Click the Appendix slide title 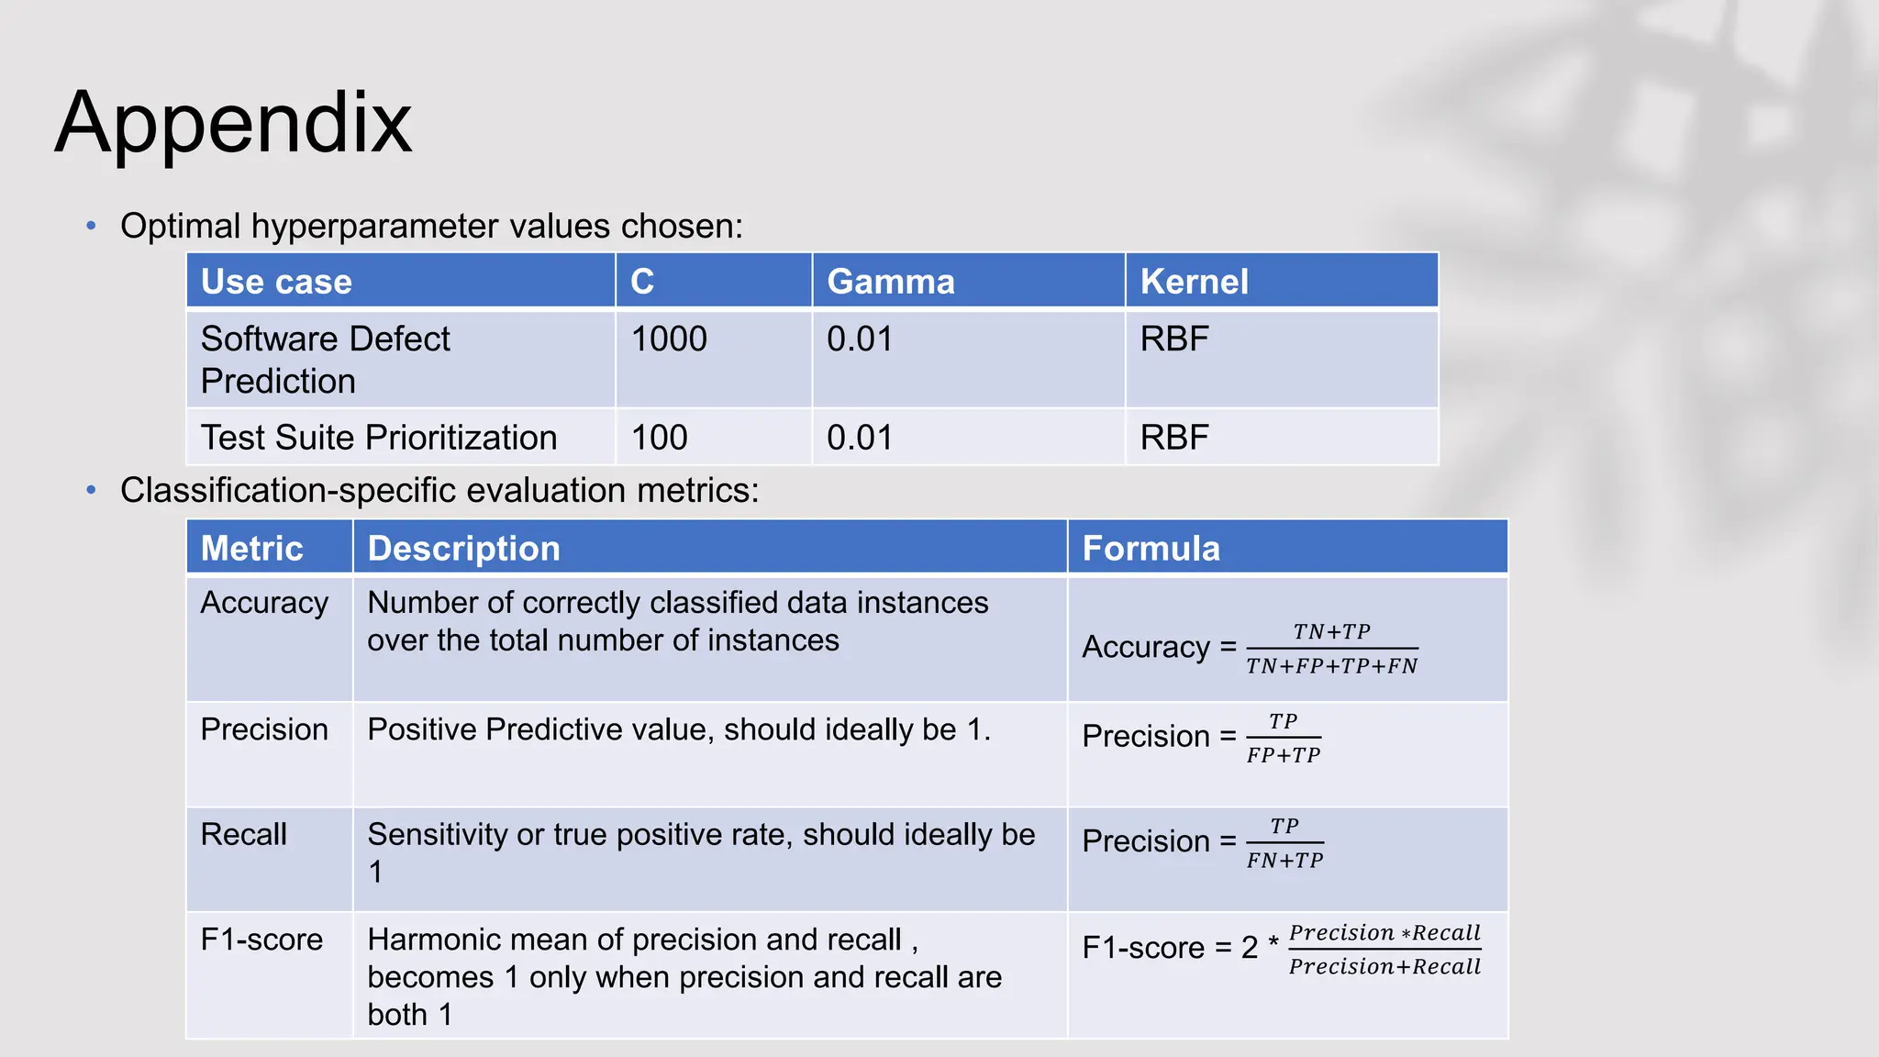click(233, 123)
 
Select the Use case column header click(276, 282)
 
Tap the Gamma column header click(890, 282)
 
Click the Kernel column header click(1194, 282)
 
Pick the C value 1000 click(669, 339)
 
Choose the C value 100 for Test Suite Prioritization click(659, 438)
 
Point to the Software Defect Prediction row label click(325, 360)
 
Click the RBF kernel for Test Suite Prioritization click(1174, 438)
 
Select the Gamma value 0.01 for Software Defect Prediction click(860, 339)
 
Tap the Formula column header click(1151, 549)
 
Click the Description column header click(463, 549)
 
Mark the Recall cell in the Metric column click(243, 834)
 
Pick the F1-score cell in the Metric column click(261, 940)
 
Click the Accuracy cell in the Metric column click(264, 603)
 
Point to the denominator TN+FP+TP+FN click(1331, 666)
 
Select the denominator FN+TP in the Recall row click(1284, 861)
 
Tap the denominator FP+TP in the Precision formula click(1284, 755)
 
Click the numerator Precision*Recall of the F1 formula click(1384, 933)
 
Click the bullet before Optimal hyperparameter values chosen click(91, 226)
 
